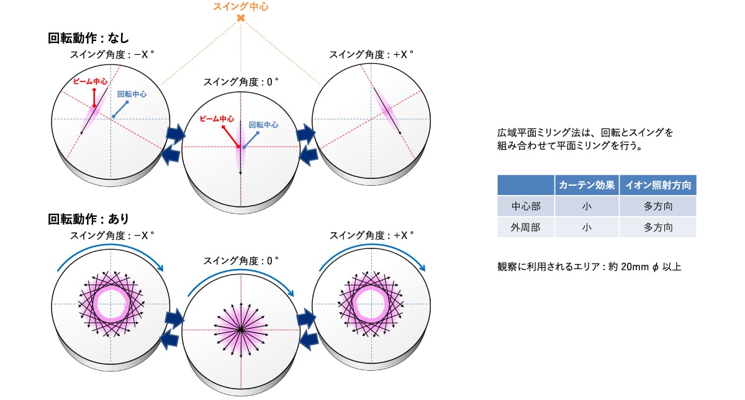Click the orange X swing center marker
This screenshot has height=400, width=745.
point(240,19)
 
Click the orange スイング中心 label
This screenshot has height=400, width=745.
point(240,7)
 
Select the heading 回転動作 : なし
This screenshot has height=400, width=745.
point(88,38)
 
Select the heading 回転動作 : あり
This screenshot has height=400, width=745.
point(88,219)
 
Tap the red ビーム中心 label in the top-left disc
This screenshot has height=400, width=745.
point(90,81)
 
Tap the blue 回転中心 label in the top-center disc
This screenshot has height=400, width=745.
point(263,124)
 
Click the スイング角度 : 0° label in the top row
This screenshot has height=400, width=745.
point(241,81)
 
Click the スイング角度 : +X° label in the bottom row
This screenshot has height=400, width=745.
point(371,235)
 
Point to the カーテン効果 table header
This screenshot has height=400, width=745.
point(587,185)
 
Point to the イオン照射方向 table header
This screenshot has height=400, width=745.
point(658,185)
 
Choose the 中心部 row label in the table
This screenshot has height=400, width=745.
point(525,206)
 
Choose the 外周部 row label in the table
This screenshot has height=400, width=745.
point(525,227)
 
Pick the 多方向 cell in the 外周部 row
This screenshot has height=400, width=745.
point(658,227)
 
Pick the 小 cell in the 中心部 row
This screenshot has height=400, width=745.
point(587,206)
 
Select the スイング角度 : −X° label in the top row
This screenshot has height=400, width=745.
point(112,55)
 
